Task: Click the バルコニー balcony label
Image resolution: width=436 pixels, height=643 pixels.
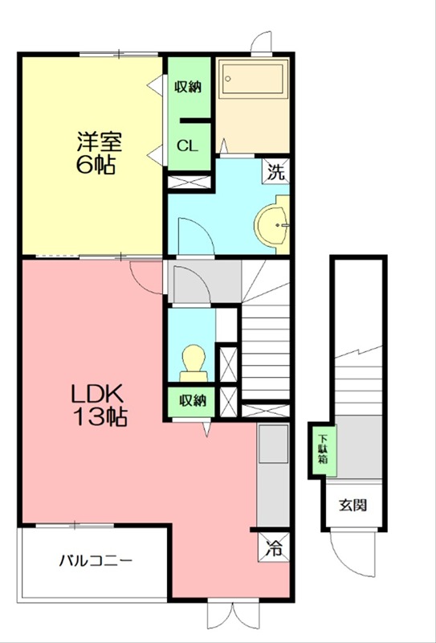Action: (95, 560)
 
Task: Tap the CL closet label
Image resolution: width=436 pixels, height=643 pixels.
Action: (188, 145)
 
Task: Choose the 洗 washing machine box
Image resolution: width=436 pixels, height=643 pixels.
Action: (276, 171)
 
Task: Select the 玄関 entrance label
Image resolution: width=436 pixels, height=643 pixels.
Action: (352, 506)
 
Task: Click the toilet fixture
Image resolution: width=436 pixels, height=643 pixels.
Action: (192, 360)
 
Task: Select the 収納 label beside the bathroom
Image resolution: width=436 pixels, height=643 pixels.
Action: (189, 87)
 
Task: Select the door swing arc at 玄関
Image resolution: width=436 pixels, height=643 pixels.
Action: (353, 555)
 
